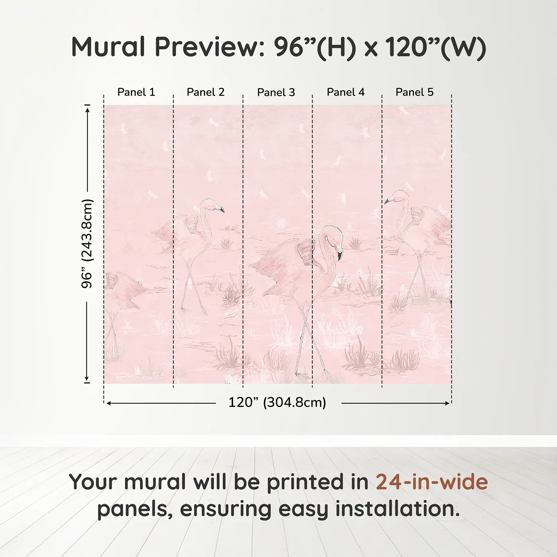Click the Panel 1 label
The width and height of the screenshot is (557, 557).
[136, 92]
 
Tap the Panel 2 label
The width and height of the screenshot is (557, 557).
[205, 92]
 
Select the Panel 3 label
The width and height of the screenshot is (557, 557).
[276, 93]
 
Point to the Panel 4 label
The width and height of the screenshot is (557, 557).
[345, 92]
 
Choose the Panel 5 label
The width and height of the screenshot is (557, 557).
[414, 92]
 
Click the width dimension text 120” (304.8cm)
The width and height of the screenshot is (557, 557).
[277, 403]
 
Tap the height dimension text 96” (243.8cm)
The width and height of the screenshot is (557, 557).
[87, 243]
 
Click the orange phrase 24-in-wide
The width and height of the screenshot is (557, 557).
[432, 482]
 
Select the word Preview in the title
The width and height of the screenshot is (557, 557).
[207, 47]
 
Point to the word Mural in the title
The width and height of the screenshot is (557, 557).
[108, 47]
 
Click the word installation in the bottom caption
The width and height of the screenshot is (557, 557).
[397, 509]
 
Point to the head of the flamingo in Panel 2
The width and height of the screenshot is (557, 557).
[211, 204]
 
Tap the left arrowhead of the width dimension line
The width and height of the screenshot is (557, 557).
[109, 403]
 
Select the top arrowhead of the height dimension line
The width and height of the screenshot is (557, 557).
[87, 108]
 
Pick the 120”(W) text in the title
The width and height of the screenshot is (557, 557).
[436, 47]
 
